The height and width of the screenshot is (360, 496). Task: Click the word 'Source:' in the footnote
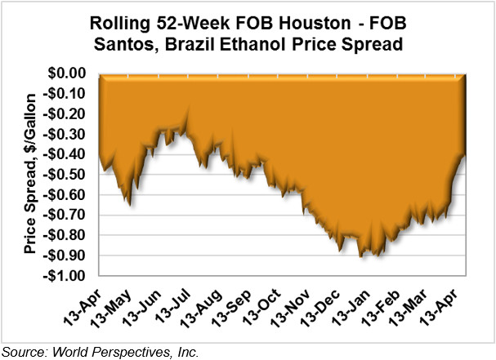tap(25, 351)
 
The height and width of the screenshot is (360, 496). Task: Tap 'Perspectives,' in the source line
tap(136, 351)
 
